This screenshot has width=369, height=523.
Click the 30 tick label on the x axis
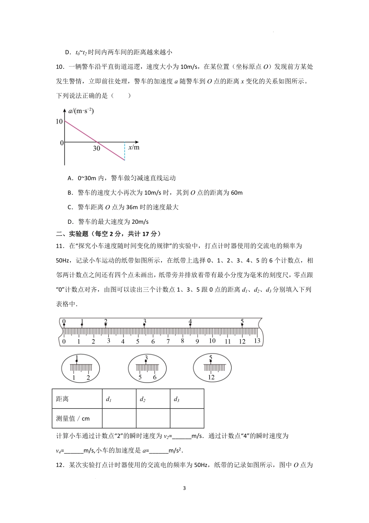96,148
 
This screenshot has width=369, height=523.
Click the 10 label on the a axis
59,122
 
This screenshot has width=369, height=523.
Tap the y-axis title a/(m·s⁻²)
81,112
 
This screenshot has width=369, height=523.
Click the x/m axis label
134,147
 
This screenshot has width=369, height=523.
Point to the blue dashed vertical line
125,151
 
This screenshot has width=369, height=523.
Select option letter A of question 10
70,178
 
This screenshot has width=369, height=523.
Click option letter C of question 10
70,207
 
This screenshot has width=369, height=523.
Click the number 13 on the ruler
257,340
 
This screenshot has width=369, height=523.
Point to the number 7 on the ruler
168,341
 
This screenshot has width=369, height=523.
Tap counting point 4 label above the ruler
190,322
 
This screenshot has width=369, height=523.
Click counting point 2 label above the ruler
105,322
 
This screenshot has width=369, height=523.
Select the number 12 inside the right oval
211,377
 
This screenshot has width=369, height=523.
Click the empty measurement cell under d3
187,418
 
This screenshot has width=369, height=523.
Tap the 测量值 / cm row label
73,418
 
